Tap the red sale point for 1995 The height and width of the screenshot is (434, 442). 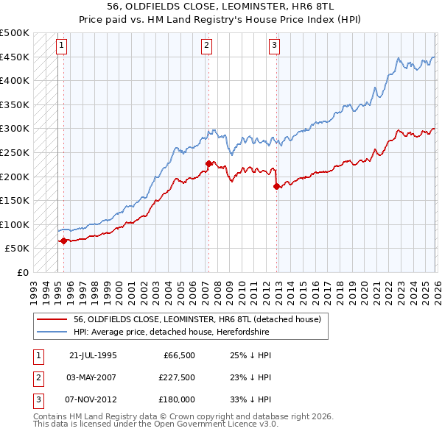point(63,240)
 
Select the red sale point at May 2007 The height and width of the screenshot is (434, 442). point(208,163)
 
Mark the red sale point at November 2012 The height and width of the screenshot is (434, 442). point(276,186)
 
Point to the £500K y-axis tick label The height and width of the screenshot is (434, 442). point(15,33)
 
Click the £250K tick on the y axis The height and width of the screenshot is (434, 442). point(15,152)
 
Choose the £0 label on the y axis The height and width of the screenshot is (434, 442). point(22,272)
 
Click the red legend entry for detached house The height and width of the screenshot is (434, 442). point(197,320)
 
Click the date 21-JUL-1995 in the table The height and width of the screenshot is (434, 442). point(93,355)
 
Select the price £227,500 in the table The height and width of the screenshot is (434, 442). point(177,377)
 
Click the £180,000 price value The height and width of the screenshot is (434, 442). point(177,399)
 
